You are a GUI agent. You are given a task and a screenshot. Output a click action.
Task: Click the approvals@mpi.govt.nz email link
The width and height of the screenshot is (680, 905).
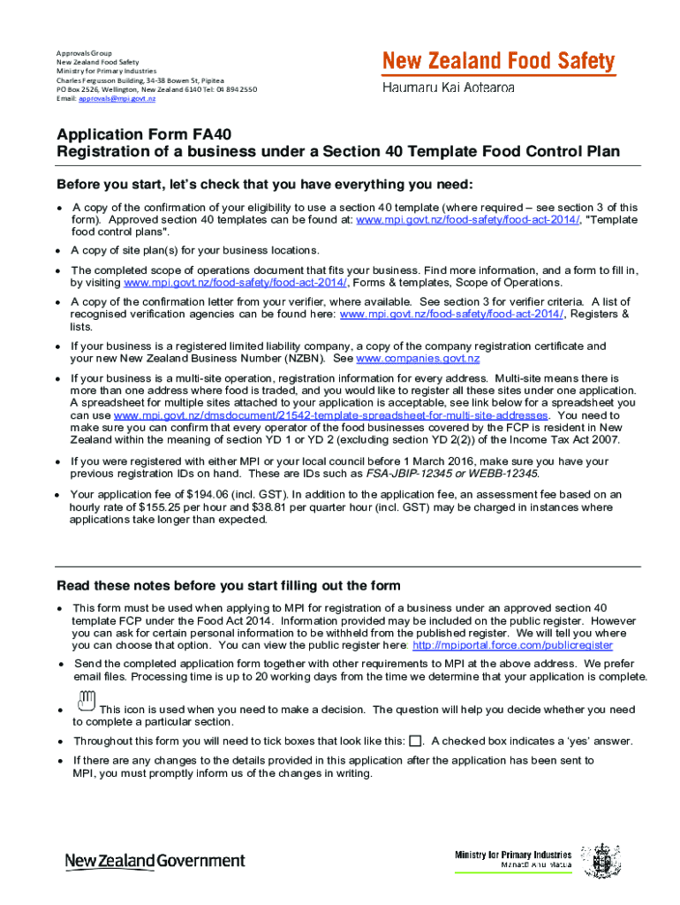(x=117, y=99)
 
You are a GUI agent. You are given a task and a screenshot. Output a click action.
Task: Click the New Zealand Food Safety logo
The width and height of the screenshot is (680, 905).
(x=498, y=62)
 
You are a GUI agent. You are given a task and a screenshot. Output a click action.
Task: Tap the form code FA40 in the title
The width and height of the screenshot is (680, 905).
(x=213, y=135)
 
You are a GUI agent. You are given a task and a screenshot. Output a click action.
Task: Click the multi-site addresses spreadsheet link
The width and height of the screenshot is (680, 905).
(x=331, y=415)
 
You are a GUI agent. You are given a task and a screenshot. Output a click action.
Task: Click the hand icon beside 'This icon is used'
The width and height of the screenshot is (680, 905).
(x=86, y=701)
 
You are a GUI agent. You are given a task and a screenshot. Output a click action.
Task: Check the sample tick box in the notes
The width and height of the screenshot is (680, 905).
(x=416, y=741)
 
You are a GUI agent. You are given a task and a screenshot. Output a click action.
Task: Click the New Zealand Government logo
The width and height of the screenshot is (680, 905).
(x=155, y=860)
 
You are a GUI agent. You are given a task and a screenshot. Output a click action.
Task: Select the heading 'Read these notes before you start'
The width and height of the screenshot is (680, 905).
(x=229, y=586)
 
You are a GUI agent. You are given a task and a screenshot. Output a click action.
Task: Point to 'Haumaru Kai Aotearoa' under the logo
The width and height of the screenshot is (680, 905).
(x=449, y=88)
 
